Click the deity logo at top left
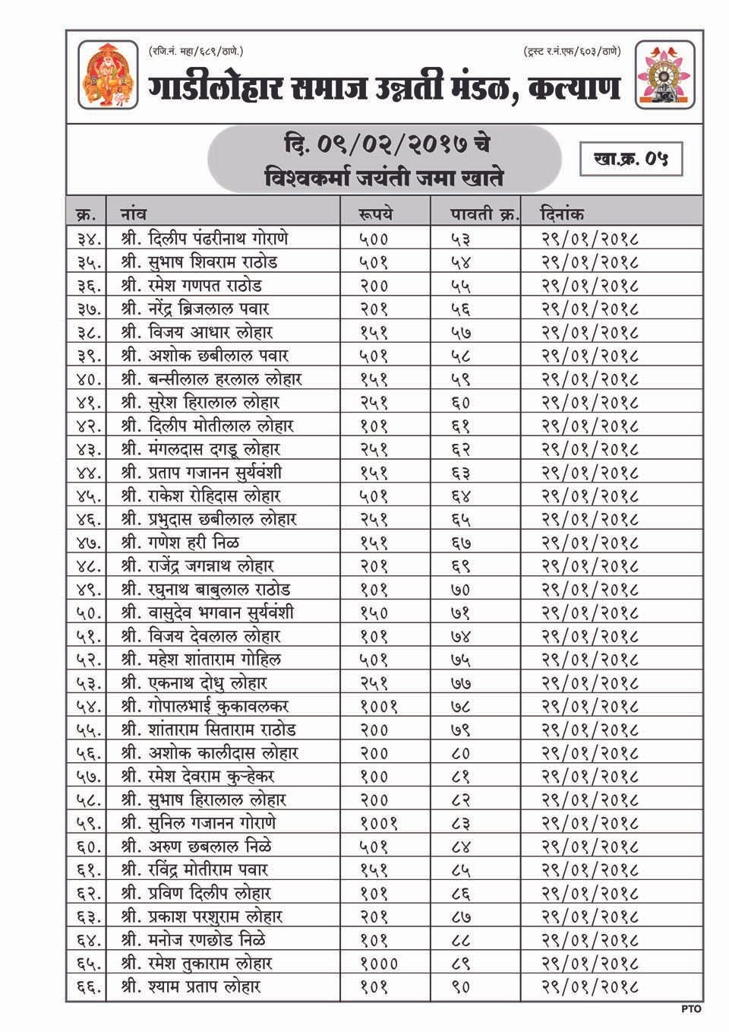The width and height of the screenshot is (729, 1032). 108,75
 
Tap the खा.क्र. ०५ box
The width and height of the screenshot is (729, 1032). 630,159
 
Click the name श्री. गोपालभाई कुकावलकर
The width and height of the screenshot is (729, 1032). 204,706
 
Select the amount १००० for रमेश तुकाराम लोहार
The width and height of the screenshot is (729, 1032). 378,964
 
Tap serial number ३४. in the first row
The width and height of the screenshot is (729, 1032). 90,239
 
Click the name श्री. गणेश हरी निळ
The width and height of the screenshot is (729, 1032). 180,543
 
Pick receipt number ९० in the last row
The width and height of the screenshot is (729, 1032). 461,987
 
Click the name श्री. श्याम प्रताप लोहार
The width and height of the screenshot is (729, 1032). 191,987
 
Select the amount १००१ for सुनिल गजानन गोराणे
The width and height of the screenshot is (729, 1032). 378,823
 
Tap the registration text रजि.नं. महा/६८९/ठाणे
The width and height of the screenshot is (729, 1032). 196,52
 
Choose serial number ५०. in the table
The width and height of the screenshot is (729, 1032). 90,613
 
